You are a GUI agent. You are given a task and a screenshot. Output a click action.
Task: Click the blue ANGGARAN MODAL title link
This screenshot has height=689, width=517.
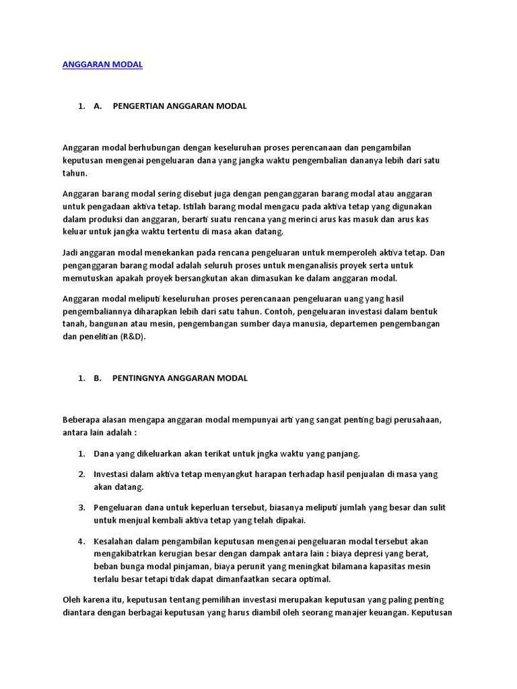click(x=102, y=65)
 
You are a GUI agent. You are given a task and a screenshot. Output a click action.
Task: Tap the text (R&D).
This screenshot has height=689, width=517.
click(x=133, y=337)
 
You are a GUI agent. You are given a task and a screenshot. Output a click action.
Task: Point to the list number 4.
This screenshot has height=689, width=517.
click(x=81, y=541)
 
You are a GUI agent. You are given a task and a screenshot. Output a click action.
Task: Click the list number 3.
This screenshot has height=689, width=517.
click(x=81, y=507)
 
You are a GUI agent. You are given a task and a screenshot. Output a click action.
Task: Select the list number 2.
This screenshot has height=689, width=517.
click(x=81, y=474)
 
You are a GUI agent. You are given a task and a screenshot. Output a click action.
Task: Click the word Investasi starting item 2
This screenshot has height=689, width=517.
click(x=111, y=474)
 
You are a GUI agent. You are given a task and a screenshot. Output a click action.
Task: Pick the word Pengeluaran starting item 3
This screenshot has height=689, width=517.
click(x=117, y=507)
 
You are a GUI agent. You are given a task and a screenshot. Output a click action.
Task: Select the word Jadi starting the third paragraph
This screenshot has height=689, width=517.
click(x=71, y=253)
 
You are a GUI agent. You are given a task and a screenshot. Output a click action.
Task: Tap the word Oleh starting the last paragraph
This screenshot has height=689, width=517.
click(x=71, y=600)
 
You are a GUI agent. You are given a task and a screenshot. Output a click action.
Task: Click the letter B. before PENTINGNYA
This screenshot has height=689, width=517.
click(x=98, y=378)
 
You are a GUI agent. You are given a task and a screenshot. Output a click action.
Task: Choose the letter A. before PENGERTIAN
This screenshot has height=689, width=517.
click(x=98, y=106)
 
